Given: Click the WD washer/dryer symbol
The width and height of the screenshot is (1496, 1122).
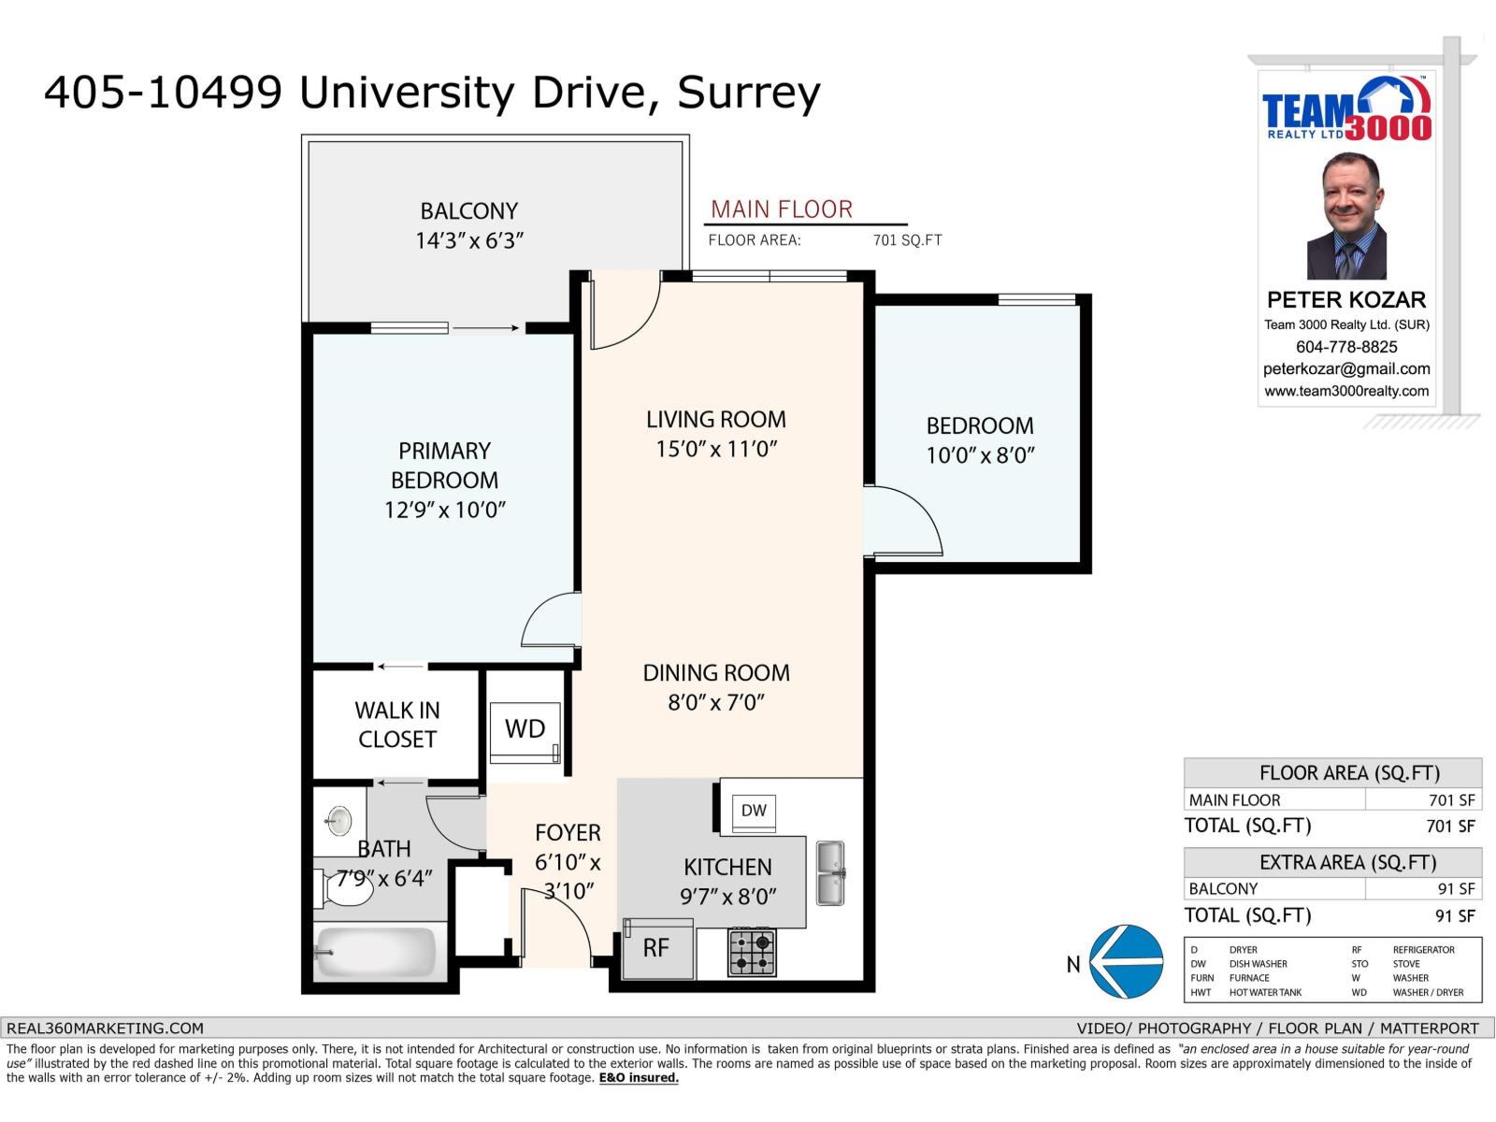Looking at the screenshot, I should pyautogui.click(x=525, y=730).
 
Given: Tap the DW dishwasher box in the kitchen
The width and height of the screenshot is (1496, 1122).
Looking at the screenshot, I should pyautogui.click(x=754, y=811).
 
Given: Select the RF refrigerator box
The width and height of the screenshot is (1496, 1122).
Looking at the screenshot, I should pyautogui.click(x=657, y=948).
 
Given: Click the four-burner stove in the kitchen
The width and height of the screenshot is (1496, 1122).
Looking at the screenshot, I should pyautogui.click(x=752, y=952).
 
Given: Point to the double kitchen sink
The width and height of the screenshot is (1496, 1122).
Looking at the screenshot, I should pyautogui.click(x=830, y=873).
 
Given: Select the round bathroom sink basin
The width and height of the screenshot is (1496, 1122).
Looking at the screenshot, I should pyautogui.click(x=338, y=821).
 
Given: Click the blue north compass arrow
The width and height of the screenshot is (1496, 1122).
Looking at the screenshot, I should pyautogui.click(x=1127, y=962).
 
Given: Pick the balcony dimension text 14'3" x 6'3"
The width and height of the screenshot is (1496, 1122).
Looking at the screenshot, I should pyautogui.click(x=468, y=241).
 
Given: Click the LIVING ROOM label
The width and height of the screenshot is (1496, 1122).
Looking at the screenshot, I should pyautogui.click(x=715, y=420).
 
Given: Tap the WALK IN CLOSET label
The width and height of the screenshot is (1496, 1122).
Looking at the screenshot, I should pyautogui.click(x=396, y=725).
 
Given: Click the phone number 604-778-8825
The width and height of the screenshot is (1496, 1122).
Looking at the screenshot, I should pyautogui.click(x=1346, y=347).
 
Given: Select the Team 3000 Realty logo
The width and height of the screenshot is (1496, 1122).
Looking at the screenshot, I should pyautogui.click(x=1346, y=110).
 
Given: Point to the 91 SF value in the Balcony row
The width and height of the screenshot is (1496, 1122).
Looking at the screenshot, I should pyautogui.click(x=1455, y=889).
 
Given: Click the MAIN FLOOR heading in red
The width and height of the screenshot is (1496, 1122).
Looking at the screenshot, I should pyautogui.click(x=782, y=209).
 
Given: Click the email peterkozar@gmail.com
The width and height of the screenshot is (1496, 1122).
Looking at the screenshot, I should pyautogui.click(x=1346, y=369).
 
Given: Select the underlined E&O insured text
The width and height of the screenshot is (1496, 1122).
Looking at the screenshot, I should pyautogui.click(x=639, y=1078).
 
